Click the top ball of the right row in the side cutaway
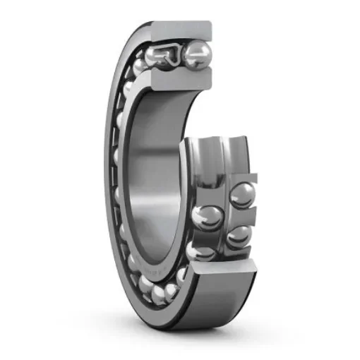(x=241, y=195)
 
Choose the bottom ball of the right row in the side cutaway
(x=238, y=235)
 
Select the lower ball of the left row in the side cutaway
(x=204, y=250)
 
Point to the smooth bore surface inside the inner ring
(x=152, y=176)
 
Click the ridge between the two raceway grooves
(x=221, y=159)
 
